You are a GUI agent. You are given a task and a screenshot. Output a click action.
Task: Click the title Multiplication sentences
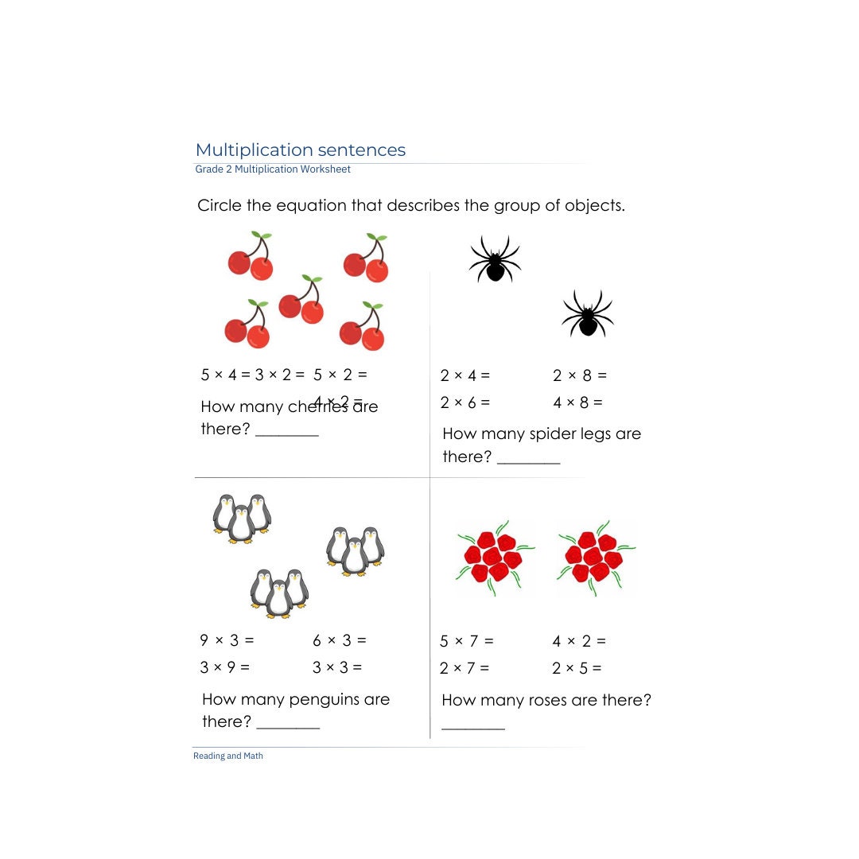[300, 150]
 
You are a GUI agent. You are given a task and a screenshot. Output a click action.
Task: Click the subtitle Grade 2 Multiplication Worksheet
[273, 169]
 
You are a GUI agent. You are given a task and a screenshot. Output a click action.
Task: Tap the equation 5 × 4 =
[225, 375]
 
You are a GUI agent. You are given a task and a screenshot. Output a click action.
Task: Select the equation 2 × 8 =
[580, 375]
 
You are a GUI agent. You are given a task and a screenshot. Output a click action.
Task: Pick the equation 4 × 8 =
[578, 402]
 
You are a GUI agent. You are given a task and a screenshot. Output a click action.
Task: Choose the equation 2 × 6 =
[465, 402]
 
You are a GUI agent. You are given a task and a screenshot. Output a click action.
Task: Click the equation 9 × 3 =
[227, 640]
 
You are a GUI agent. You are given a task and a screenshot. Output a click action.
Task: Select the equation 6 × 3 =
[340, 640]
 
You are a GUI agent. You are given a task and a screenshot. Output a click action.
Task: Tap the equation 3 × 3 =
[337, 667]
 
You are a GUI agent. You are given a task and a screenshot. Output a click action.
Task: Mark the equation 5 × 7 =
[467, 641]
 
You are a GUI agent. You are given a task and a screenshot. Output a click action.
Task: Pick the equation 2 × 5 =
[577, 668]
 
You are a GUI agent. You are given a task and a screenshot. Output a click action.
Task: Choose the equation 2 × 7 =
[464, 668]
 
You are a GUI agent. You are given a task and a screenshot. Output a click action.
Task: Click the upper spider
[495, 259]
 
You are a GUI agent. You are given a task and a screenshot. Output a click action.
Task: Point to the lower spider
[588, 314]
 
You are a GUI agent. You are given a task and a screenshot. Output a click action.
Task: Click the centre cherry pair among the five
[301, 300]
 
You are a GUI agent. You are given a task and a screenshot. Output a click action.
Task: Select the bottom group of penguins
[279, 593]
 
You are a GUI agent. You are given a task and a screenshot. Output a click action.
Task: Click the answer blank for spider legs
[529, 461]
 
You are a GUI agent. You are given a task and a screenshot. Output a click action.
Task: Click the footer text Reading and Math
[228, 756]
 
